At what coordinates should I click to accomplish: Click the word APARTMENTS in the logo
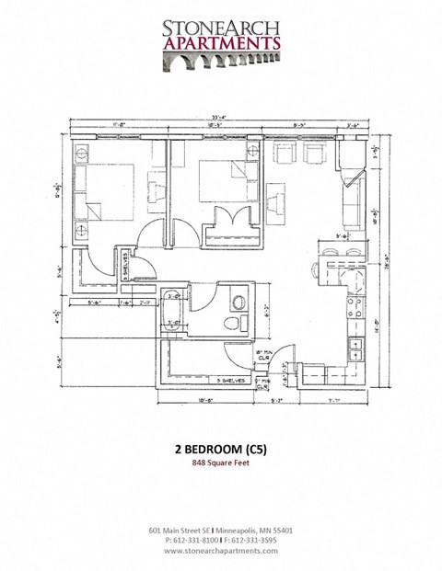pyautogui.click(x=221, y=42)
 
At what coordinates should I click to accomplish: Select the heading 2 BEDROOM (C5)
pyautogui.click(x=221, y=450)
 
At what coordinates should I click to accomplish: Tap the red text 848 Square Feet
pyautogui.click(x=221, y=463)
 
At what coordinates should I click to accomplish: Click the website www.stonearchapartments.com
pyautogui.click(x=221, y=552)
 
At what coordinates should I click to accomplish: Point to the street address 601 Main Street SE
pyautogui.click(x=184, y=531)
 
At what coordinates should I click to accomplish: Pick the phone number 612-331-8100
pyautogui.click(x=196, y=541)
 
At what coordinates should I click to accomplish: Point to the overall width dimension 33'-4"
pyautogui.click(x=218, y=117)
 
